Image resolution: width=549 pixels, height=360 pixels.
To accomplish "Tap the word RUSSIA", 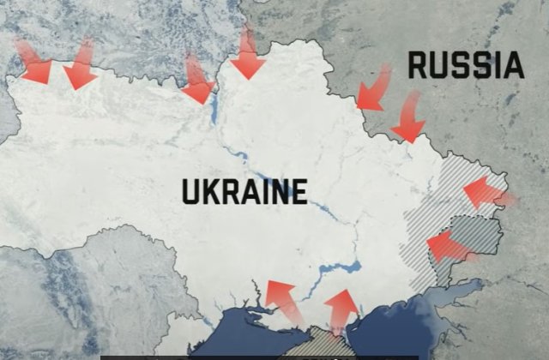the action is pos(465,66).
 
